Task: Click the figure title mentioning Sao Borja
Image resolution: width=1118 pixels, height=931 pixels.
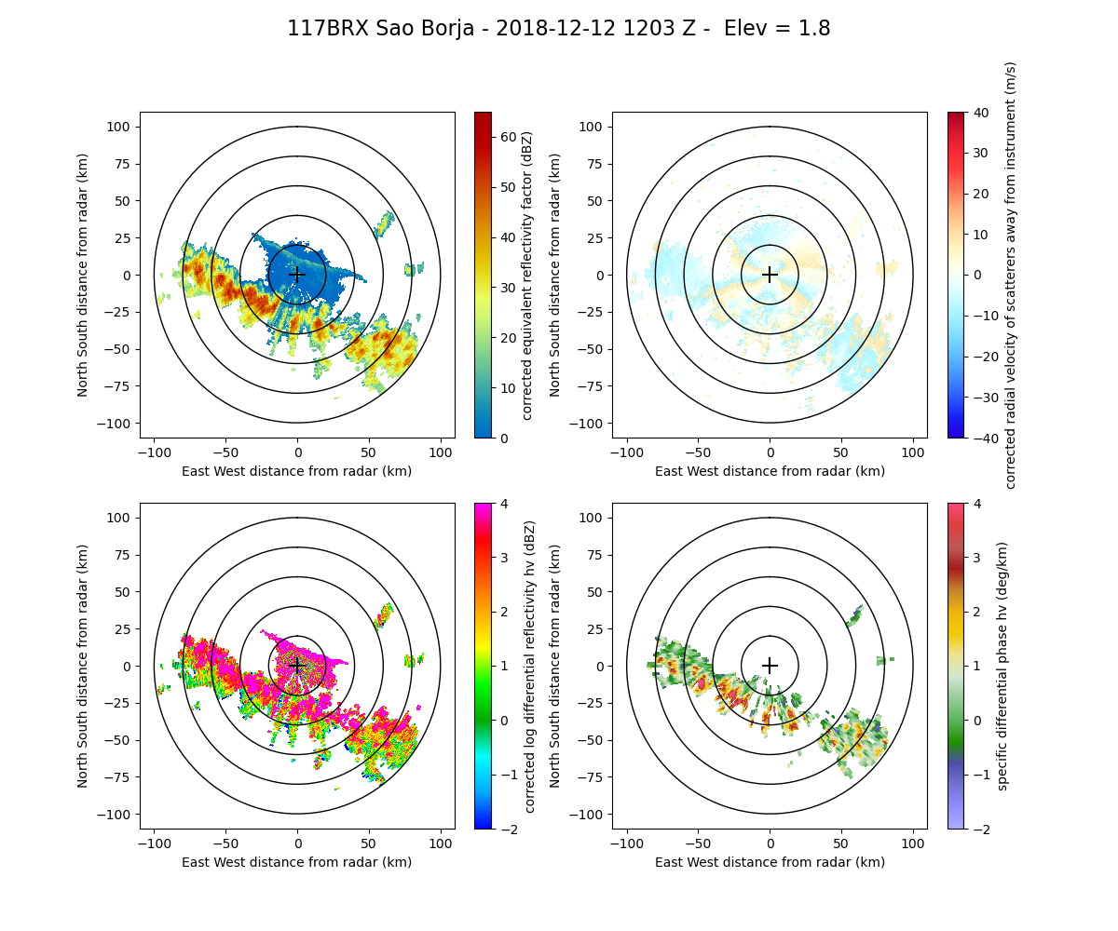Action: point(558,29)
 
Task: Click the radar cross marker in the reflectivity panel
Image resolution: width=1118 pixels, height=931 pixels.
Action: point(297,275)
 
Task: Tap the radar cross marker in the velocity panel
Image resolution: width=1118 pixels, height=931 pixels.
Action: point(770,275)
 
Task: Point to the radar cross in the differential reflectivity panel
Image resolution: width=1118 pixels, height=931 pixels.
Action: point(297,666)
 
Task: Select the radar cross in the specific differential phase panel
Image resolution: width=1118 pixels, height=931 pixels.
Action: point(770,666)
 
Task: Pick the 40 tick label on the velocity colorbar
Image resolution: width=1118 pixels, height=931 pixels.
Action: point(979,112)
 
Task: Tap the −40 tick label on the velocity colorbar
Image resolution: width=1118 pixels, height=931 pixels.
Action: point(983,438)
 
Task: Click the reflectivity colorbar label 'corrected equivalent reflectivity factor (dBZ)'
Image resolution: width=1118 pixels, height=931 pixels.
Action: point(526,275)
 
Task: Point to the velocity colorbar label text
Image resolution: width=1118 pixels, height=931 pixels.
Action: point(1011,275)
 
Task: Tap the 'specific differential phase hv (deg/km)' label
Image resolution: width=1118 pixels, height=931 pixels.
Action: point(1002,666)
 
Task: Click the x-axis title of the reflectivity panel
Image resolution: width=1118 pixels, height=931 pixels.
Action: point(297,471)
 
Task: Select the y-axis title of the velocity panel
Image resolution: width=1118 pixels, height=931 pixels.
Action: point(555,275)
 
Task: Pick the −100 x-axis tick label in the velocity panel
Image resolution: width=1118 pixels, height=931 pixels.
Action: point(627,452)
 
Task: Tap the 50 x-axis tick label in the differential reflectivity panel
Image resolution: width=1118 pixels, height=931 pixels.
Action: point(369,843)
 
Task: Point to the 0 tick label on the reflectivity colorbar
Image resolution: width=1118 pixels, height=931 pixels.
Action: point(503,438)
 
